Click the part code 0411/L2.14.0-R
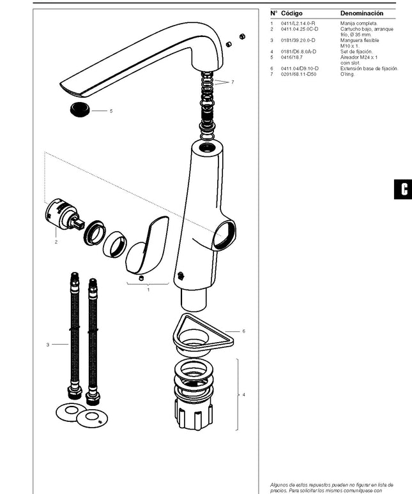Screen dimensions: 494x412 298,23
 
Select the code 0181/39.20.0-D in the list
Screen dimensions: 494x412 300,40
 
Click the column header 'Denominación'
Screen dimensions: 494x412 362,13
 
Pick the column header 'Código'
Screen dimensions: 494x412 292,13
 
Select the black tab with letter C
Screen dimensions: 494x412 404,189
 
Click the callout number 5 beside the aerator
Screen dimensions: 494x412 111,111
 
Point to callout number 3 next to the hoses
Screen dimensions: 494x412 47,345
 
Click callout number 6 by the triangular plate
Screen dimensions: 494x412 244,331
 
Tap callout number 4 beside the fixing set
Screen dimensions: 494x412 243,394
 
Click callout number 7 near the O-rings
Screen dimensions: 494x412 233,82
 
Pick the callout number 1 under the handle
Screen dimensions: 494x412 148,289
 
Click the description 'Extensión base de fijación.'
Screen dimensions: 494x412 369,68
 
